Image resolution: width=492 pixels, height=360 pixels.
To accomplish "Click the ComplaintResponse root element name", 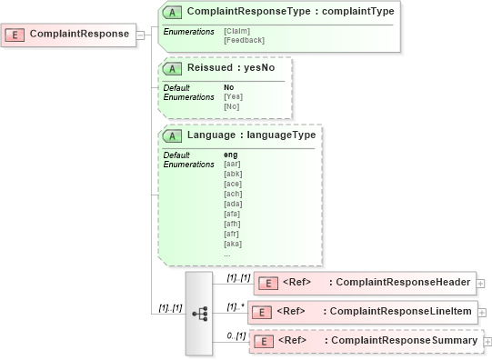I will pos(79,35).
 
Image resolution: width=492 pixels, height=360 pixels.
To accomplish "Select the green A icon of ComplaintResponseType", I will pos(173,13).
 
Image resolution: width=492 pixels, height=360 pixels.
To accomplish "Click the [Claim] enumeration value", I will pos(237,31).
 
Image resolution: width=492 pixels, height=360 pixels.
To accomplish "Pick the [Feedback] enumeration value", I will pos(244,40).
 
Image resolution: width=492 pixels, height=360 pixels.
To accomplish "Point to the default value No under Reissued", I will pos(228,87).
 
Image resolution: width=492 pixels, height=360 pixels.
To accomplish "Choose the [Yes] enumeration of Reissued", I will pos(233,96).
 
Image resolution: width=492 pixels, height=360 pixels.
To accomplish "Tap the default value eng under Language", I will pos(231,155).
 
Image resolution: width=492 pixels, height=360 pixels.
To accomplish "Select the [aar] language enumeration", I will pos(233,164).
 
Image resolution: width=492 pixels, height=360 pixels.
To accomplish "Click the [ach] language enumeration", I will pos(233,194).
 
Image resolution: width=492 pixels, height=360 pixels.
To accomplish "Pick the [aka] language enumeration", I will pos(233,244).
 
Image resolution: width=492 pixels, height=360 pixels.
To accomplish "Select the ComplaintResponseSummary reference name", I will pos(404,341).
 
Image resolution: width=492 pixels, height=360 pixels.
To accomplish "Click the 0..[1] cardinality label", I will pos(236,335).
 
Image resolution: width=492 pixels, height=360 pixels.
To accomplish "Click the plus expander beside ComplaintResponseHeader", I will pos(480,283).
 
